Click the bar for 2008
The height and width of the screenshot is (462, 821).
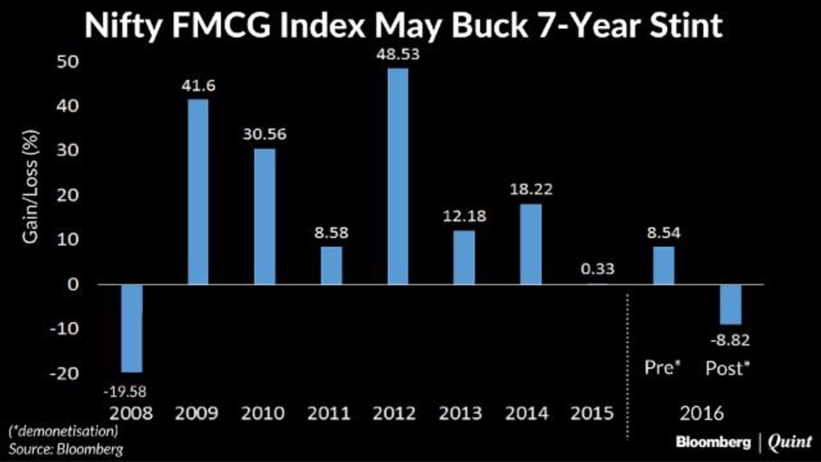[x=131, y=328]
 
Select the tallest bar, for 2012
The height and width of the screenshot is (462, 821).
[x=398, y=176]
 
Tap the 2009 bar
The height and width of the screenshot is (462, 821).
[x=198, y=192]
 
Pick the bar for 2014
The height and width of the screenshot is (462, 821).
[x=530, y=244]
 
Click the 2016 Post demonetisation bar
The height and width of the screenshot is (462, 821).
[x=731, y=304]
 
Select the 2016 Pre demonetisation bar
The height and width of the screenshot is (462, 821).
[x=664, y=266]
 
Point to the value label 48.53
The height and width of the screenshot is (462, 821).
[x=398, y=55]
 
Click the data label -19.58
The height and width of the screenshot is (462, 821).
[x=125, y=392]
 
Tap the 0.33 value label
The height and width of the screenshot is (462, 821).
[x=597, y=269]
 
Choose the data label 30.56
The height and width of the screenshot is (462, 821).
[x=265, y=134]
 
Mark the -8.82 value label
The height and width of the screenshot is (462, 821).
[x=730, y=341]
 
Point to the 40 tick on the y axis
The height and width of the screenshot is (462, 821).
[x=68, y=106]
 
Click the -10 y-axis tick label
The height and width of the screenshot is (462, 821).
[x=64, y=329]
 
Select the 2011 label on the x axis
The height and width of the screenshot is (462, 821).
[x=329, y=413]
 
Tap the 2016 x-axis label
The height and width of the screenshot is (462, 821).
[x=702, y=413]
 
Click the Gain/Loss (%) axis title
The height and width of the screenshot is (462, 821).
[x=30, y=187]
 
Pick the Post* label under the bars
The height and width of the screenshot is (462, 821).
[x=728, y=368]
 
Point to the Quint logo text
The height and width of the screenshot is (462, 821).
[x=790, y=442]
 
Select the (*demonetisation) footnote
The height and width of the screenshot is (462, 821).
[x=63, y=432]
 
